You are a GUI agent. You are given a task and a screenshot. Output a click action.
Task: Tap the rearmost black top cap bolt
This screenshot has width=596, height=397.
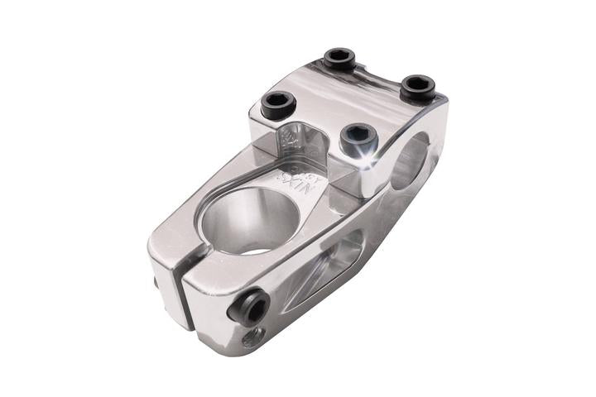pyautogui.click(x=339, y=59)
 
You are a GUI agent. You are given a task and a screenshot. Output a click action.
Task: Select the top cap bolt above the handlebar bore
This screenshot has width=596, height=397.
pyautogui.click(x=418, y=87)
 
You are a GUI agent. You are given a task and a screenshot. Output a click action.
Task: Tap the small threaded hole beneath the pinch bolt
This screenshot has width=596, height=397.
pyautogui.click(x=253, y=337)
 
